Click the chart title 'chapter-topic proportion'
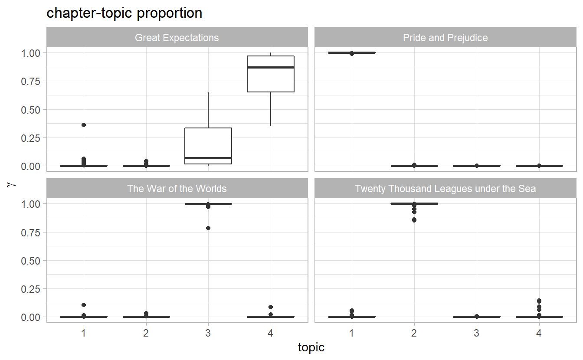point(124,13)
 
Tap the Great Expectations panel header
point(177,38)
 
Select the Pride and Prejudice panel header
point(445,38)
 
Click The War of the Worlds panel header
point(177,189)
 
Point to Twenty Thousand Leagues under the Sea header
point(445,189)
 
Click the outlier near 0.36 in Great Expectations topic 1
point(84,125)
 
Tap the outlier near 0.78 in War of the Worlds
point(208,228)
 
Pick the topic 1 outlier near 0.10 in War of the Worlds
point(84,305)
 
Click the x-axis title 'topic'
point(311,347)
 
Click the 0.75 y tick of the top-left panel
point(31,81)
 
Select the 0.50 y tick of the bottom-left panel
point(31,261)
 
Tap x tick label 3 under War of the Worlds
point(208,333)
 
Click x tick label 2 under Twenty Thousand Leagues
point(414,333)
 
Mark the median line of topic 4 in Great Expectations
point(271,67)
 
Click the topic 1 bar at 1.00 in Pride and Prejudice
point(351,52)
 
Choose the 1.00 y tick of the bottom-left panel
point(31,204)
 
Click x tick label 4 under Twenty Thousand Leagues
point(539,333)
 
